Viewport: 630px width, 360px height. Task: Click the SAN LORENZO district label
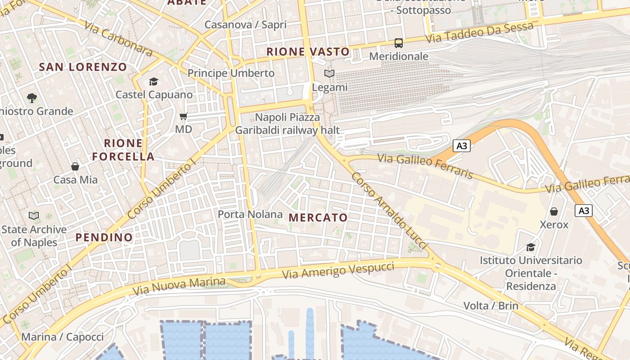pyautogui.click(x=83, y=67)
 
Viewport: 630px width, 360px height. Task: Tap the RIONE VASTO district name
pyautogui.click(x=308, y=52)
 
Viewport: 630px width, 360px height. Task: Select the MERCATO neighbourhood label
pyautogui.click(x=318, y=218)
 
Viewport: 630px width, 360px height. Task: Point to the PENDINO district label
pyautogui.click(x=104, y=237)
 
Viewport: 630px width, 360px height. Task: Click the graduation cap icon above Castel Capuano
pyautogui.click(x=154, y=81)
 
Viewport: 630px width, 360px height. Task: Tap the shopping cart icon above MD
pyautogui.click(x=183, y=117)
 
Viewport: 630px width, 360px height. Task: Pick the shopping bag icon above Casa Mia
pyautogui.click(x=75, y=167)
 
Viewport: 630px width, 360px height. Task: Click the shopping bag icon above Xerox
pyautogui.click(x=554, y=211)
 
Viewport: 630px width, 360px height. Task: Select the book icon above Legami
pyautogui.click(x=329, y=73)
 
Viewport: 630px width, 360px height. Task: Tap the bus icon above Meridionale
pyautogui.click(x=399, y=43)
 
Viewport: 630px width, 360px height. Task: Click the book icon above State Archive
pyautogui.click(x=34, y=216)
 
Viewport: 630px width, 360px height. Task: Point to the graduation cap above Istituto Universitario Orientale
pyautogui.click(x=531, y=247)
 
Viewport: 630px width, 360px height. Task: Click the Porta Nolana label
pyautogui.click(x=250, y=214)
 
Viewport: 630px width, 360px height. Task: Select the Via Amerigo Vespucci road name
pyautogui.click(x=338, y=270)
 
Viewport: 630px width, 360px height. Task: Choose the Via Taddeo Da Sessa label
pyautogui.click(x=480, y=32)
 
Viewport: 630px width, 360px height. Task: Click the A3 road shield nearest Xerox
pyautogui.click(x=584, y=211)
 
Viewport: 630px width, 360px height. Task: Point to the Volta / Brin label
pyautogui.click(x=491, y=306)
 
